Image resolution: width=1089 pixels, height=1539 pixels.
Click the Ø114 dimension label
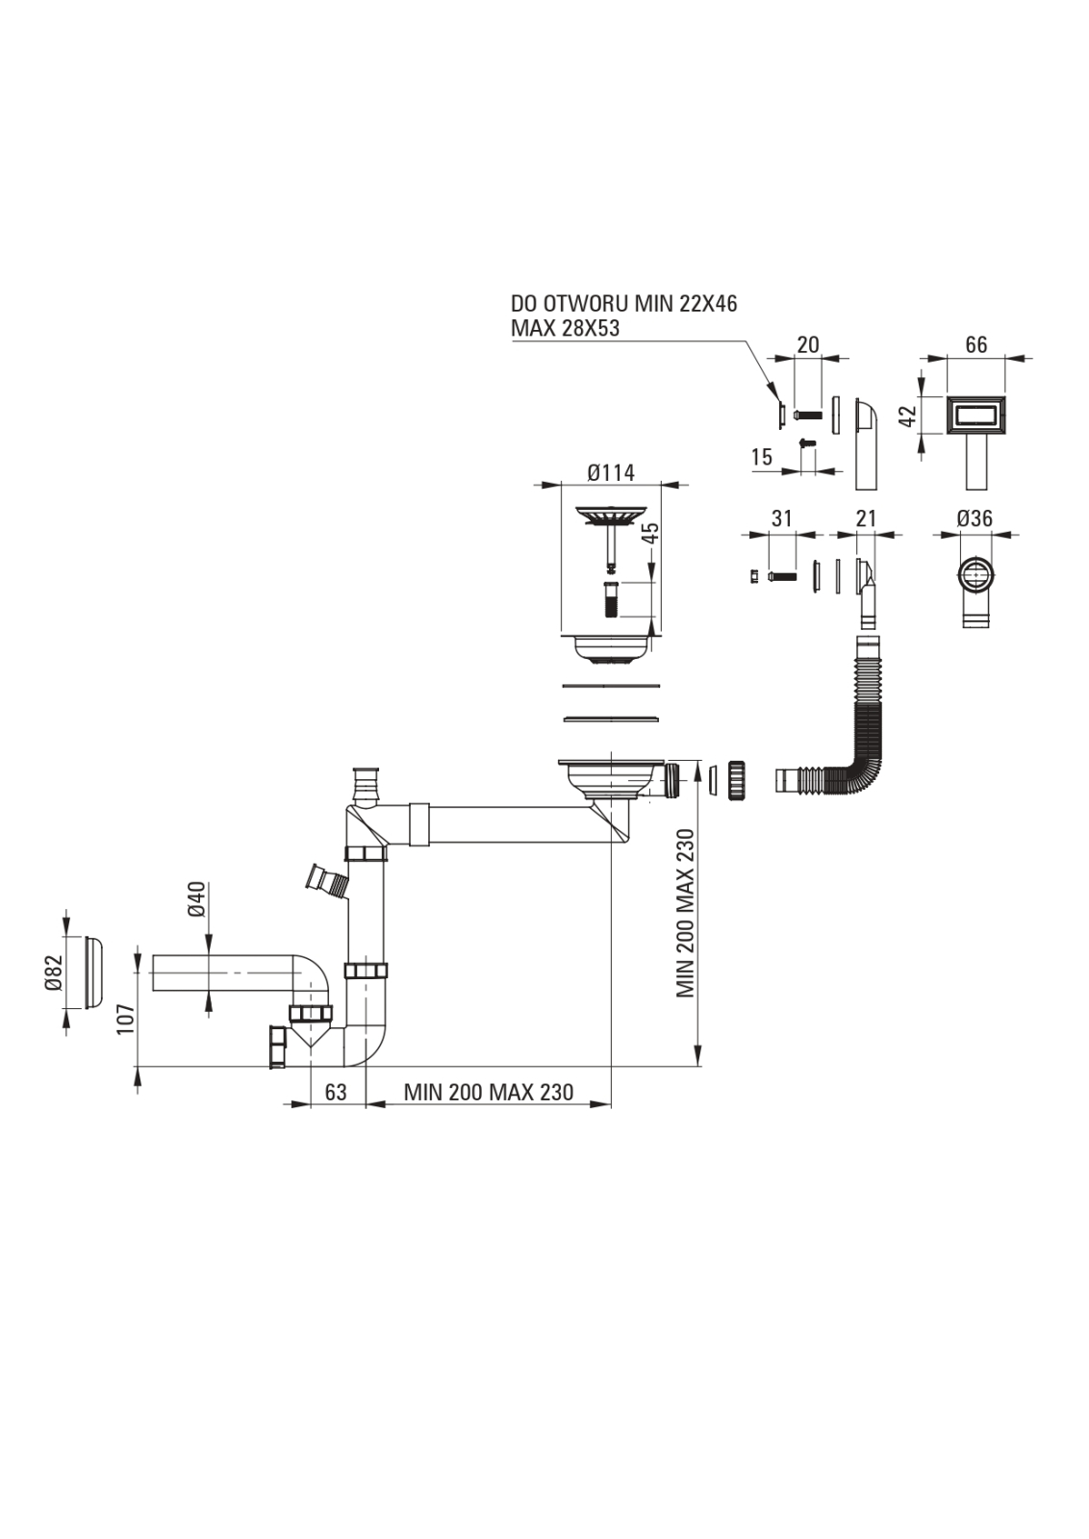coord(611,472)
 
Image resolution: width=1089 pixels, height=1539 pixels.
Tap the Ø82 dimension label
coord(54,972)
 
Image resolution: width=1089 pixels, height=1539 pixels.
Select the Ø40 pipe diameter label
coord(196,898)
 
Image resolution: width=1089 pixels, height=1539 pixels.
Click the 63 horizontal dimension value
coord(336,1093)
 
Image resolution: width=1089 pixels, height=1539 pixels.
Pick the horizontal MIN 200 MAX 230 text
coord(488,1093)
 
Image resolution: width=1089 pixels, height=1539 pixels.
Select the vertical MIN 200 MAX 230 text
coord(686,913)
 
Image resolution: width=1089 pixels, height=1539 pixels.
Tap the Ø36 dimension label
coord(975,518)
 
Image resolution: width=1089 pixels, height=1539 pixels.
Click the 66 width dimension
coord(975,345)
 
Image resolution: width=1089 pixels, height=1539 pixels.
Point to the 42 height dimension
coord(906,416)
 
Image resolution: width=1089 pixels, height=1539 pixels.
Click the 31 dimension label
coord(782,518)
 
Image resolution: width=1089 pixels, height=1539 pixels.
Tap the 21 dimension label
coord(866,518)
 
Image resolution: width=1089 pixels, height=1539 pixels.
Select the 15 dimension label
coord(762,458)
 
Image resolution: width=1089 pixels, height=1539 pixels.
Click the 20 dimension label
coord(808,345)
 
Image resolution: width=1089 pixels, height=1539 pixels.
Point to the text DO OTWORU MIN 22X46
coord(623,304)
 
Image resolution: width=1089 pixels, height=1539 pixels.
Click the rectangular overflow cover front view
coord(975,416)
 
